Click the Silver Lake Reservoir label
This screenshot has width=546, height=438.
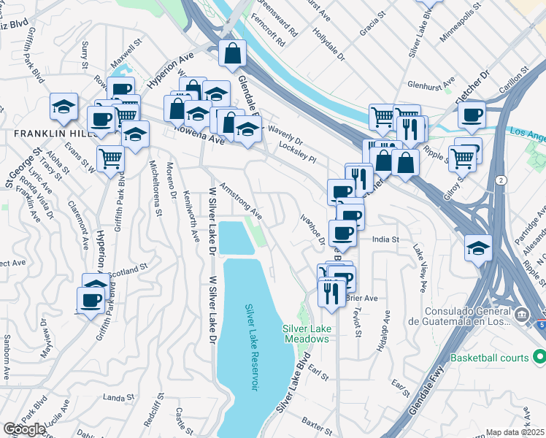[253, 347]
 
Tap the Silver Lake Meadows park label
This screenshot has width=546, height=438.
[306, 334]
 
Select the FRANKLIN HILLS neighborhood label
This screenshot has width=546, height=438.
[50, 134]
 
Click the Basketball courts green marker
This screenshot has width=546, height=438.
[539, 358]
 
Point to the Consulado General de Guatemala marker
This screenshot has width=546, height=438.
[521, 315]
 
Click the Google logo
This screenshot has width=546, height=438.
[24, 429]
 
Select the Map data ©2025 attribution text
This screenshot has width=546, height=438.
[515, 432]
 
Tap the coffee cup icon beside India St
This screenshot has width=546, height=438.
[342, 233]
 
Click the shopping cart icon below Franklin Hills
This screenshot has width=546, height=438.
[110, 157]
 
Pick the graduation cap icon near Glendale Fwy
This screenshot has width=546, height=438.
[478, 249]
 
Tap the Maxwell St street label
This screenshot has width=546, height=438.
[123, 58]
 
